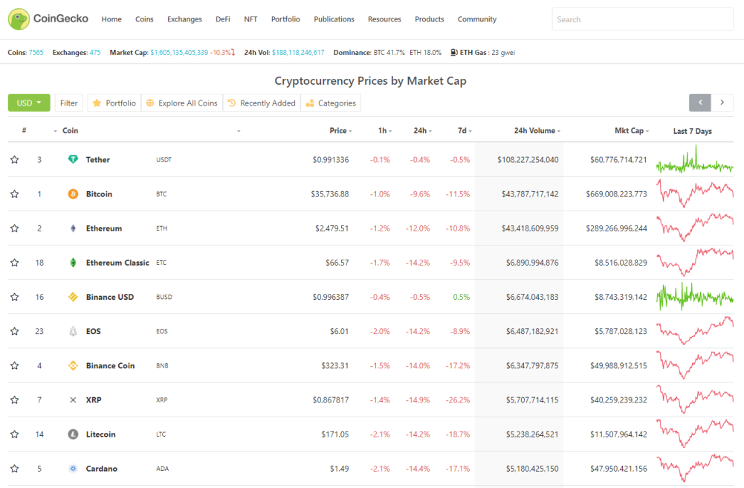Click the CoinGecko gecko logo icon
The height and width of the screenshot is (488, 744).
[19, 19]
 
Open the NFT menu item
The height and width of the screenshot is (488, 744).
[250, 19]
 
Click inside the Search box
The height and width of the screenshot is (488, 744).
[642, 19]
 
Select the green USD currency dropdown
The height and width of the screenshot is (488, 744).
[29, 103]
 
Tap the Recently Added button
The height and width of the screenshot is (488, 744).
[262, 103]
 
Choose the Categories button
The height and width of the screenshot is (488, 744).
[331, 103]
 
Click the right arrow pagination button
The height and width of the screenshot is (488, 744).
[722, 103]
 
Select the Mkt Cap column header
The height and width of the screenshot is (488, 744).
[632, 130]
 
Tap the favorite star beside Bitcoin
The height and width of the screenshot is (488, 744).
[15, 193]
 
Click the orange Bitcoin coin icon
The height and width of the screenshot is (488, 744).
[73, 193]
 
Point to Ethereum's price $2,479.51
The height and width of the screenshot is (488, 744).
[331, 228]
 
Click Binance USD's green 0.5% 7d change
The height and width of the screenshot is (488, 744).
[462, 297]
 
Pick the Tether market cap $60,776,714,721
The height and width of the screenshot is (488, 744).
[618, 159]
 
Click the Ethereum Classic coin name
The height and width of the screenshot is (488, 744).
[117, 263]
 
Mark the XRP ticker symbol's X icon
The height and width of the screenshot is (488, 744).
[73, 399]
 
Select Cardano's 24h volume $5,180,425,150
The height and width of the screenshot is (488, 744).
[532, 469]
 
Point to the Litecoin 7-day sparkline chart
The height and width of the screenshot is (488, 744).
[695, 433]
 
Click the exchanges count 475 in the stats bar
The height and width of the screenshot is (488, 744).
[95, 52]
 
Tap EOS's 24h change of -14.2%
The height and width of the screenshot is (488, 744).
[418, 331]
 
